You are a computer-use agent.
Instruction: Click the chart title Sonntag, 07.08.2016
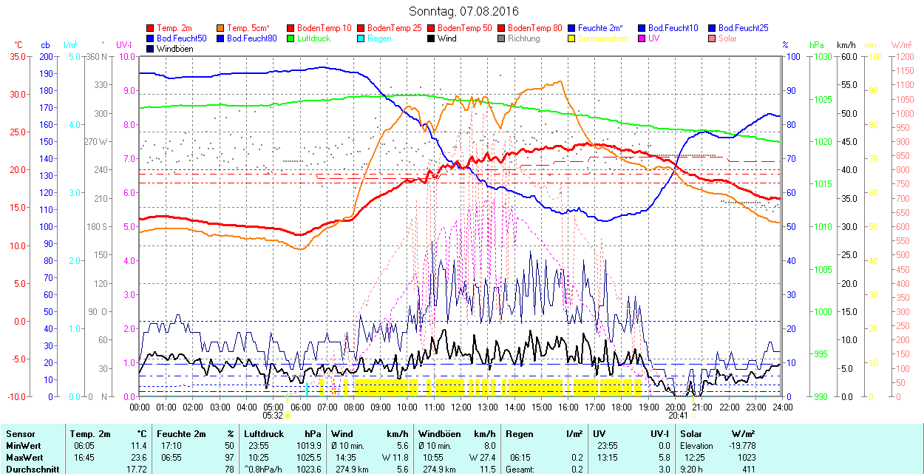(463, 12)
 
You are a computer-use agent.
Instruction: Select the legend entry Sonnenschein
(603, 38)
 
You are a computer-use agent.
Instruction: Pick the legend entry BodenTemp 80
(534, 28)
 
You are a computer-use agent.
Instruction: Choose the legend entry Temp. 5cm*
(248, 28)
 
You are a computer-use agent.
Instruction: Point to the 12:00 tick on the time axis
(461, 407)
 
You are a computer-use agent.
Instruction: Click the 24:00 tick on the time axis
(782, 407)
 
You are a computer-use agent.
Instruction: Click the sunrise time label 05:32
(273, 416)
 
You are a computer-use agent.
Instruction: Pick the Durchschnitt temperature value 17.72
(138, 469)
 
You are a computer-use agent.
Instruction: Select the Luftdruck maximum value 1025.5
(310, 457)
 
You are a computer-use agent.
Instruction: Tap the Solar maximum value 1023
(746, 457)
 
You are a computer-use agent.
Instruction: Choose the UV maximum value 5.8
(664, 457)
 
